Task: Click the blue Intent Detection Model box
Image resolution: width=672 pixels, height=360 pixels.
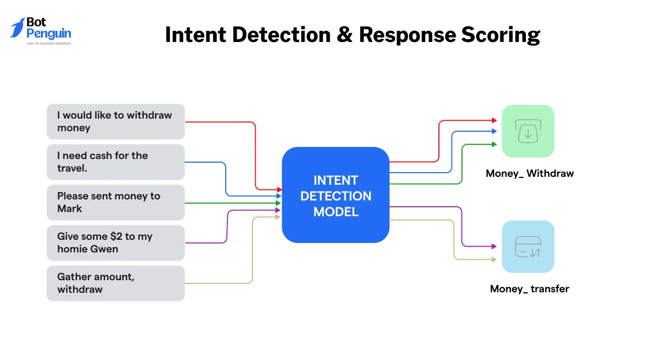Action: click(335, 195)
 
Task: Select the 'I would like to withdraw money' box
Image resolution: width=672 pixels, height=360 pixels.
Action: click(115, 121)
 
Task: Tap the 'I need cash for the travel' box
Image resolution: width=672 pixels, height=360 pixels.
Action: click(115, 162)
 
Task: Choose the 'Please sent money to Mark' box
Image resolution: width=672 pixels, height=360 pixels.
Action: click(115, 202)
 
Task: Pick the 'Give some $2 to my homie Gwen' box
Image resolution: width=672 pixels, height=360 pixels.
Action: click(115, 242)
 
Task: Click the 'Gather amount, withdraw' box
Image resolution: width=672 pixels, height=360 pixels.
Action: click(115, 283)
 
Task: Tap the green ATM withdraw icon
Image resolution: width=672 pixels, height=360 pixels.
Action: click(528, 131)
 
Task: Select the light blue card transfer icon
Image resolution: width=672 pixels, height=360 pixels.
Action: click(528, 247)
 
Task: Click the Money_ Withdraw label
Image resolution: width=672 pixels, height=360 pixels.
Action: click(529, 173)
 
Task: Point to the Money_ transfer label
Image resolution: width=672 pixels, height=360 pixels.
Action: click(529, 289)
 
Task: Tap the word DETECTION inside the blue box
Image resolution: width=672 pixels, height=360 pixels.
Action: click(335, 196)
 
